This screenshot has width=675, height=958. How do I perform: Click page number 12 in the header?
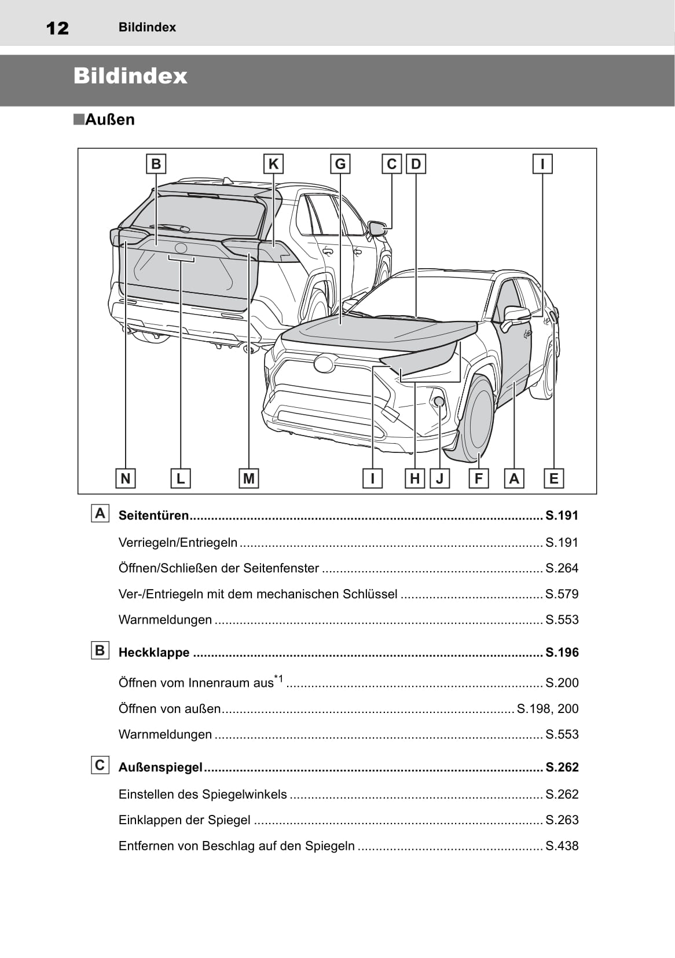57,28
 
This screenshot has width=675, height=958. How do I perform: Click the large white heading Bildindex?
130,76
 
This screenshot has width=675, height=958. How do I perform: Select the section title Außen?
109,120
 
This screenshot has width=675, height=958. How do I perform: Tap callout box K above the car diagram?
273,164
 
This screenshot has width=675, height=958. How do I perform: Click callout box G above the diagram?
340,164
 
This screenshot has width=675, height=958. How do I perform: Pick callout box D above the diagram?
416,164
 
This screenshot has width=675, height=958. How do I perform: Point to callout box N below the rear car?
125,478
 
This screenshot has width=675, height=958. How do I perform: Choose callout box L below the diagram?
181,478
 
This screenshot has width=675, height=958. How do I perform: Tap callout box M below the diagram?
249,478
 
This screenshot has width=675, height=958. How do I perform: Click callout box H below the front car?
414,478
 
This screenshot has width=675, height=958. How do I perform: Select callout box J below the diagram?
440,478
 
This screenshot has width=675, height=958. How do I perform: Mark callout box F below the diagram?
478,478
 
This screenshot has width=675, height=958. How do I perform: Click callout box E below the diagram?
554,478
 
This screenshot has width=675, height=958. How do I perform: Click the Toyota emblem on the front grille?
324,364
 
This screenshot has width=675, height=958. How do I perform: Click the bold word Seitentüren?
154,515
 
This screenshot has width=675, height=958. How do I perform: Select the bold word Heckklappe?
154,653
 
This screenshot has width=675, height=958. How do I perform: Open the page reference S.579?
562,594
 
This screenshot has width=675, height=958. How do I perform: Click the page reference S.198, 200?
547,709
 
